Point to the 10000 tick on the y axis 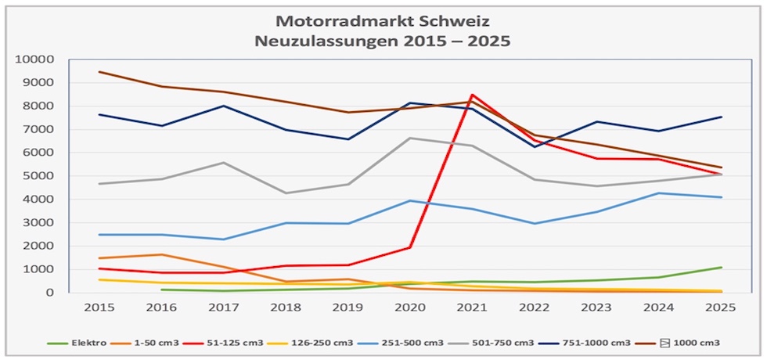38,59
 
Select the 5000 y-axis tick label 41,176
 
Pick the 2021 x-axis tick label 473,308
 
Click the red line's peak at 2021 473,95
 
